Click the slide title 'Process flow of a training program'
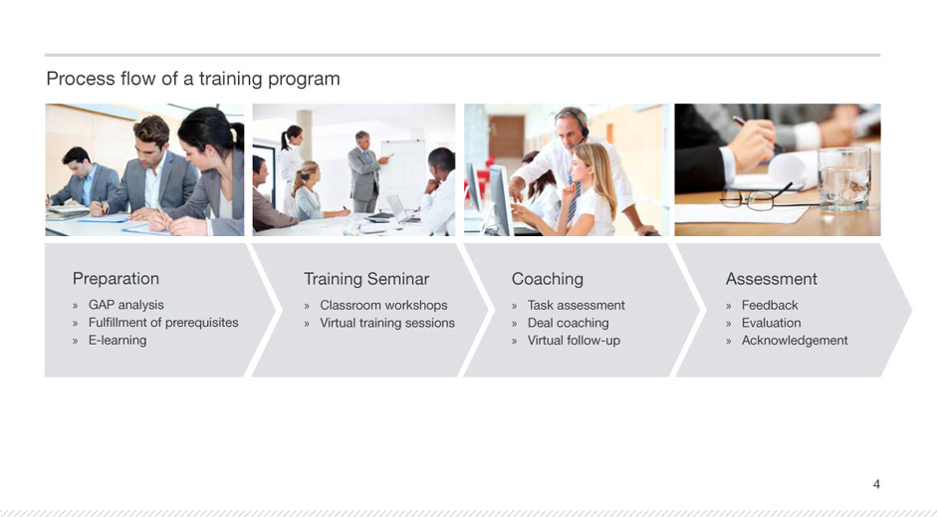[x=193, y=79]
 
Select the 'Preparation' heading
[x=116, y=279]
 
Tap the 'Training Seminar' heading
[x=366, y=279]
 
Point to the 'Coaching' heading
[x=548, y=279]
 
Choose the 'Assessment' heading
[x=772, y=279]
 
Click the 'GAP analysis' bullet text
[x=126, y=305]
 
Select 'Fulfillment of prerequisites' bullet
[x=163, y=323]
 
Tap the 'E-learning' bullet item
[x=117, y=340]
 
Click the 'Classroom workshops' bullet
[x=383, y=305]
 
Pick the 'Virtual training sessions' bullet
[x=387, y=323]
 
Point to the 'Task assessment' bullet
[x=577, y=305]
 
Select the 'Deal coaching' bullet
[x=569, y=323]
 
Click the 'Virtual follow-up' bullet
[x=574, y=340]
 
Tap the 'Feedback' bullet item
[x=770, y=305]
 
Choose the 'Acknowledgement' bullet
[x=795, y=340]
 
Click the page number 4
[x=876, y=484]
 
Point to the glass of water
[x=843, y=178]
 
